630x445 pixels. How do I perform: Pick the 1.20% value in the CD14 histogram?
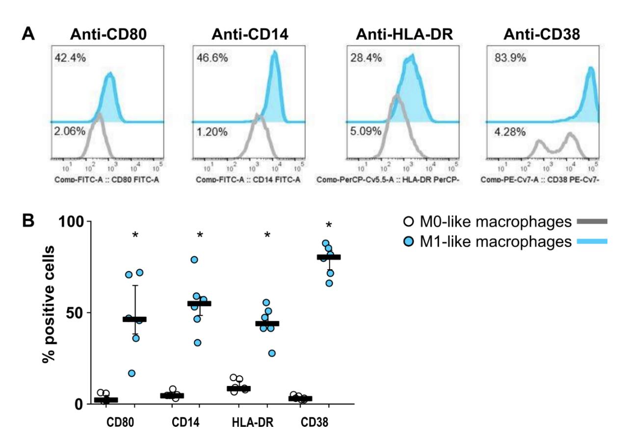click(x=214, y=132)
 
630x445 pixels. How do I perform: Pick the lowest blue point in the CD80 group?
click(x=118, y=373)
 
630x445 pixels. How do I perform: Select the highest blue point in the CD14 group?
click(x=194, y=259)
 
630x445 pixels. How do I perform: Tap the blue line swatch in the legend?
click(x=592, y=241)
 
